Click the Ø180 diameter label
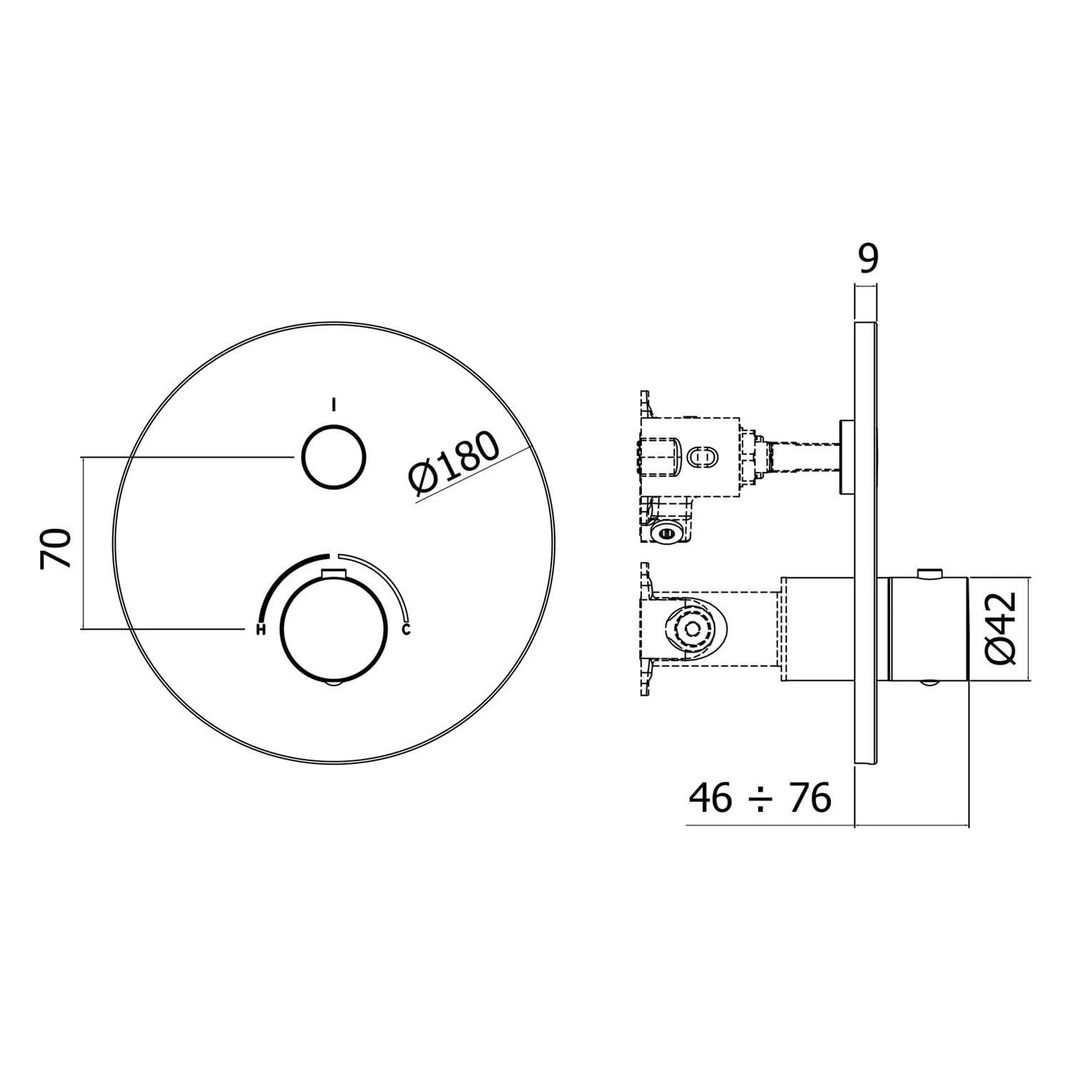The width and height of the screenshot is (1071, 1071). coord(454,463)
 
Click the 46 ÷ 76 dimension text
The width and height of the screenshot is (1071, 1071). coord(760,798)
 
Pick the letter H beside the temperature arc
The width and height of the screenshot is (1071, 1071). coord(261,629)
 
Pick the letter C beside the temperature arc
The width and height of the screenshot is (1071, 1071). coord(406,629)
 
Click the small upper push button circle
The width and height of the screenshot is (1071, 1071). coord(334,457)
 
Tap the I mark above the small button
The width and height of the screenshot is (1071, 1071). coord(333,406)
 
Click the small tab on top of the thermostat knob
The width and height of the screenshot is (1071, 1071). coord(333,572)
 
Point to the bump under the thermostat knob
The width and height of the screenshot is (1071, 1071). coord(333,684)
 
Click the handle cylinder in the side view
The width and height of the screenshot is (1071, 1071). coord(928,629)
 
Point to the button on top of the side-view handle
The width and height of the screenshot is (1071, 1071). coord(928,572)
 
